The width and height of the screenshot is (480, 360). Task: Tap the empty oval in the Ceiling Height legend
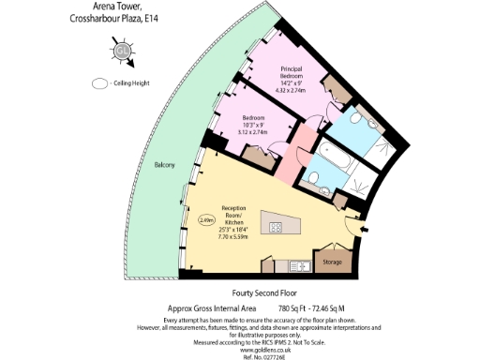tap(100, 83)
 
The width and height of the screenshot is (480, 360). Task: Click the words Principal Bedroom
tap(300, 74)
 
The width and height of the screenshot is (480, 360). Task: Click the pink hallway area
tap(305, 150)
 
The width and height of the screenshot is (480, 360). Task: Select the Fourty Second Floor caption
tap(243, 292)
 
